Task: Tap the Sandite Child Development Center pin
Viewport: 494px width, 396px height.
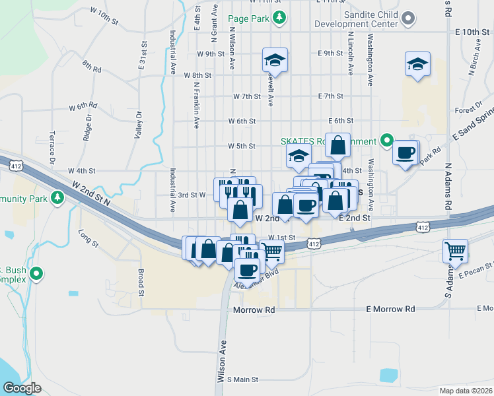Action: pyautogui.click(x=408, y=18)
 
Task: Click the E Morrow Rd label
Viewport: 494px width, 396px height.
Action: pyautogui.click(x=391, y=309)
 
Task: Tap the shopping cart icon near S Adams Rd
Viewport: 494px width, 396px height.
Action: pyautogui.click(x=455, y=250)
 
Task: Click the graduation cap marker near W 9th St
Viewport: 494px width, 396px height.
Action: pyautogui.click(x=274, y=61)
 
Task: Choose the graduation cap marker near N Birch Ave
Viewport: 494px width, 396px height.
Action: pyautogui.click(x=417, y=64)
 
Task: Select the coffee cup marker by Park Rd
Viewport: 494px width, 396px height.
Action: pyautogui.click(x=405, y=153)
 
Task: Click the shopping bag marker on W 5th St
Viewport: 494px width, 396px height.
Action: pyautogui.click(x=337, y=145)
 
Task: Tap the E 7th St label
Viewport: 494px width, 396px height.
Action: pyautogui.click(x=330, y=96)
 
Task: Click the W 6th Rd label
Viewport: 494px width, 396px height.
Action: pyautogui.click(x=83, y=106)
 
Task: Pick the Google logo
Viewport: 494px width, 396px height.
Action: pyautogui.click(x=22, y=388)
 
